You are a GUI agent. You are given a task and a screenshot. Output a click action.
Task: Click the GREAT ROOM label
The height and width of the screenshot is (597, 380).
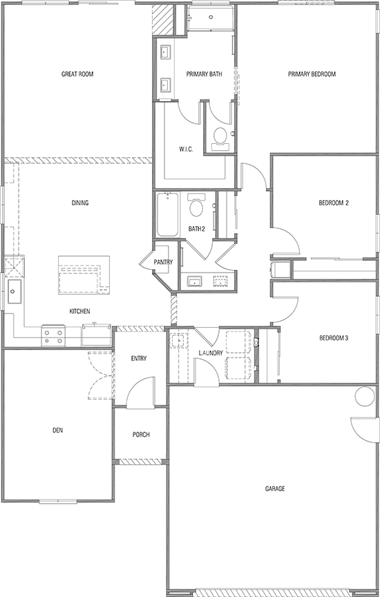tap(77, 74)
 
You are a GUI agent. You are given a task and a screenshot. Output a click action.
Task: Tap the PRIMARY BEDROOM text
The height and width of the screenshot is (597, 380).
tap(312, 74)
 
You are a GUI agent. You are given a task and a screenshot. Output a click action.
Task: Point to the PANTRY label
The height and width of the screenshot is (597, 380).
tap(163, 262)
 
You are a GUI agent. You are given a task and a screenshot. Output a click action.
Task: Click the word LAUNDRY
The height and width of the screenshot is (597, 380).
tap(210, 353)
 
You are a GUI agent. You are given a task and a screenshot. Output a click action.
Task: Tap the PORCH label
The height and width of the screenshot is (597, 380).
tap(141, 435)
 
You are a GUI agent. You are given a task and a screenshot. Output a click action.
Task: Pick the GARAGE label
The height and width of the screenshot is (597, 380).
tap(275, 488)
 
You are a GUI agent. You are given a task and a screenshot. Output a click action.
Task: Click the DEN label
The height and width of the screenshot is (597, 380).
tap(58, 430)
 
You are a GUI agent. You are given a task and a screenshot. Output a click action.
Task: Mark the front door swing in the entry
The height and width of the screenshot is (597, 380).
tap(140, 392)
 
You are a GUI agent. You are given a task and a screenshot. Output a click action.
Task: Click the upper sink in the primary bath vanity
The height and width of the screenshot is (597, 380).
tap(167, 53)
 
